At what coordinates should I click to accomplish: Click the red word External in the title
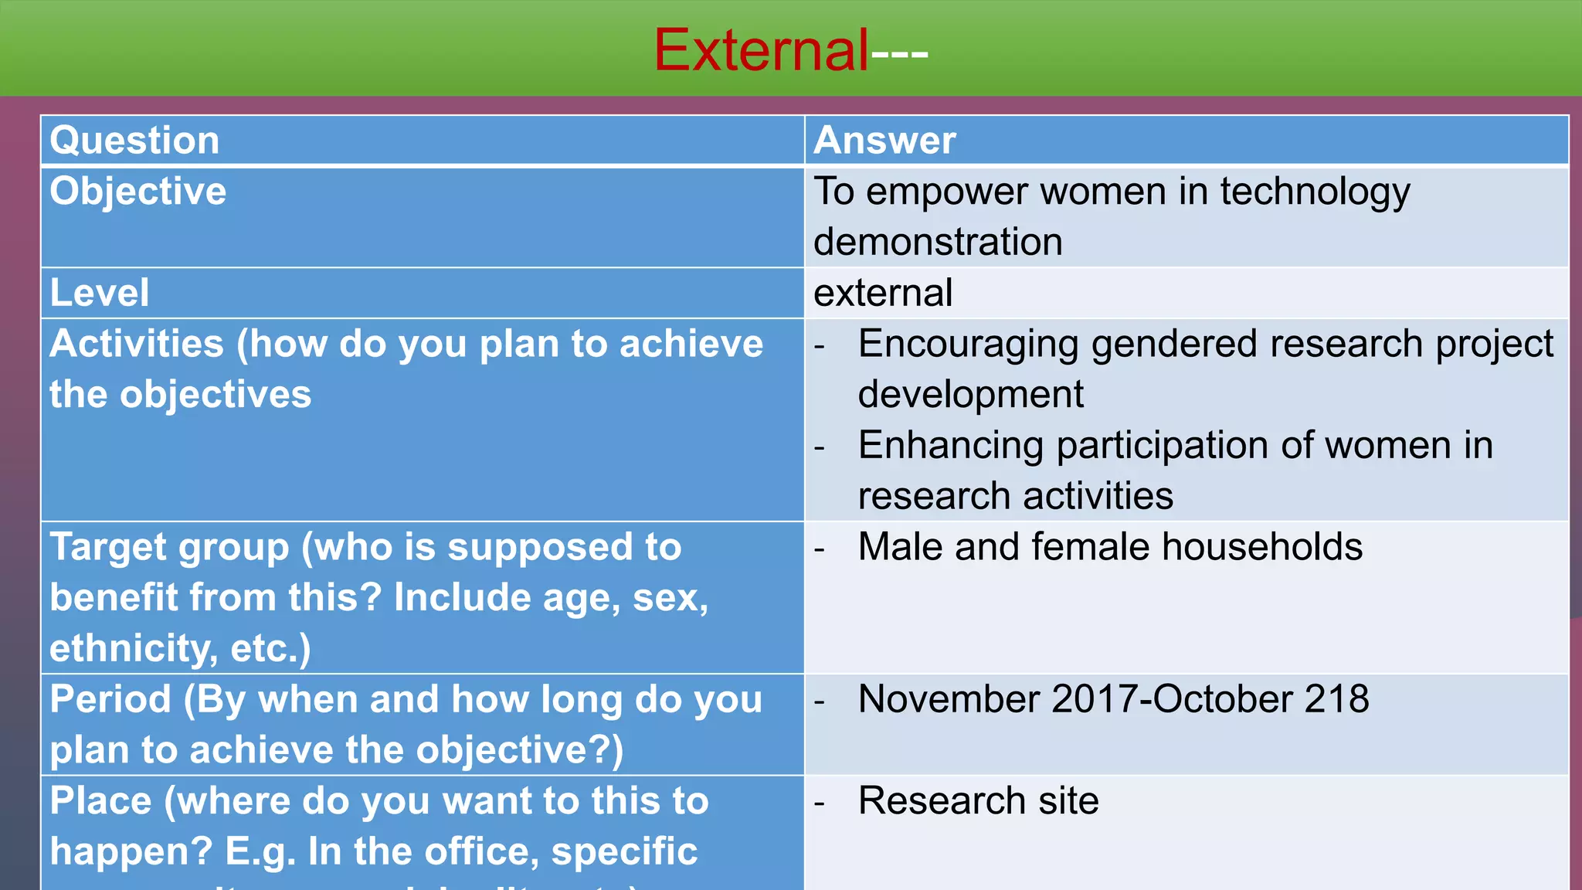point(762,50)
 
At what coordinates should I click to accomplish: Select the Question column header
point(134,141)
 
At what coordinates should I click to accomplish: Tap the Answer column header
point(884,141)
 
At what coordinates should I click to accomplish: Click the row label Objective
point(138,192)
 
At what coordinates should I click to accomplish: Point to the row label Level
point(99,293)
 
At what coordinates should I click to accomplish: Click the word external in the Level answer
point(883,293)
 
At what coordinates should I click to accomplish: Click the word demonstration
point(938,242)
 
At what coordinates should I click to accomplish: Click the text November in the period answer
point(949,699)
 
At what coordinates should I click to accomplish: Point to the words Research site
point(978,800)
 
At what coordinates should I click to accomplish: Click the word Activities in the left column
point(137,344)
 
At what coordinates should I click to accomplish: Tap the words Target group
point(169,548)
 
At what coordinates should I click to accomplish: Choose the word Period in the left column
point(110,699)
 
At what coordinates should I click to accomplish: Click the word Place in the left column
point(100,800)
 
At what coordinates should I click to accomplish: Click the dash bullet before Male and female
point(820,549)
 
